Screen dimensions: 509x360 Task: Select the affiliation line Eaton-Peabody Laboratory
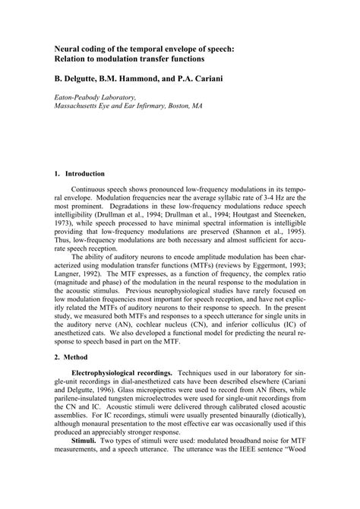(x=95, y=97)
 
